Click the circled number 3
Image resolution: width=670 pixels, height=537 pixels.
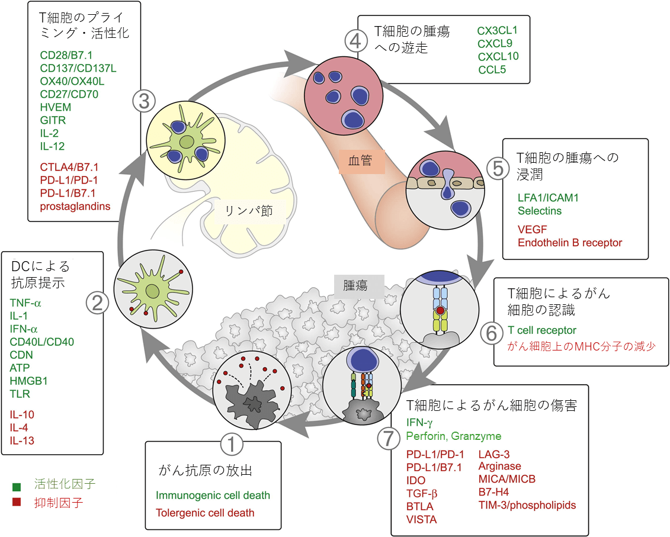point(144,101)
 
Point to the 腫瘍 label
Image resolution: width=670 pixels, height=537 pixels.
point(355,285)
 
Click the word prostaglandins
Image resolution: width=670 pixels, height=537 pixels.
point(75,207)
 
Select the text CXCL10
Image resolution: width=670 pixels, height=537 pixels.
point(498,57)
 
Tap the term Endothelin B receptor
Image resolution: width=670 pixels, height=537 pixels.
point(570,242)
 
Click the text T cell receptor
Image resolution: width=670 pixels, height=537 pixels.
point(542,330)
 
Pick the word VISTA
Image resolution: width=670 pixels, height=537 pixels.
point(422,519)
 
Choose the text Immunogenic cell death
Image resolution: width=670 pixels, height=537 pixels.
point(213,495)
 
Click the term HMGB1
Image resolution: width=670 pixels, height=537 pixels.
point(28,381)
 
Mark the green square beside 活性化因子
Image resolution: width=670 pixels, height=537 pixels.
point(17,487)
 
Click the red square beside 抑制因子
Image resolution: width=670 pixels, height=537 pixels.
point(17,503)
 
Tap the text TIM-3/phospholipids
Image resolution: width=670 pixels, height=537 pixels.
point(527,505)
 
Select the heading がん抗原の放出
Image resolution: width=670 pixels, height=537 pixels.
point(206,471)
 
